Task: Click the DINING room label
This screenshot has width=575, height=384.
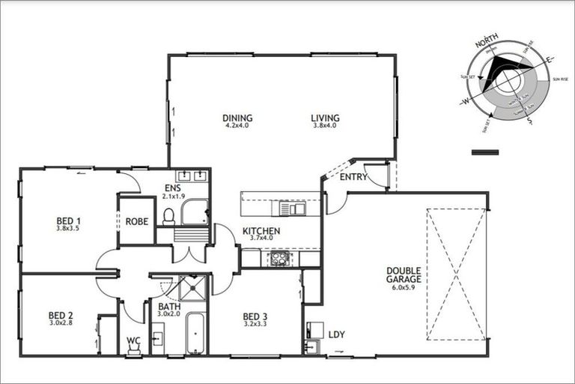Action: click(237, 118)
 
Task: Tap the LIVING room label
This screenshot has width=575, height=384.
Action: click(326, 118)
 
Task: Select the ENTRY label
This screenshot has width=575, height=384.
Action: click(353, 177)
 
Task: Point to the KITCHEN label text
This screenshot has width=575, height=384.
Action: click(261, 231)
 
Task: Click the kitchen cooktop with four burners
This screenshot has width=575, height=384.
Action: click(279, 258)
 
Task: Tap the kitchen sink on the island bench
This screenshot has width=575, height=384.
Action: click(290, 208)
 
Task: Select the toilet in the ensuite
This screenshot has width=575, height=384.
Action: click(168, 216)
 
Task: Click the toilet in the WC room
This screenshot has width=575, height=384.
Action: click(134, 348)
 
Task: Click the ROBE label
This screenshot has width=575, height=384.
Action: click(136, 221)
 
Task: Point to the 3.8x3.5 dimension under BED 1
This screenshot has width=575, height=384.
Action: click(69, 229)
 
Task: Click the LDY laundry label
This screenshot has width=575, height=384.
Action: click(337, 333)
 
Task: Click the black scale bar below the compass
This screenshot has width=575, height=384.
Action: click(485, 152)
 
